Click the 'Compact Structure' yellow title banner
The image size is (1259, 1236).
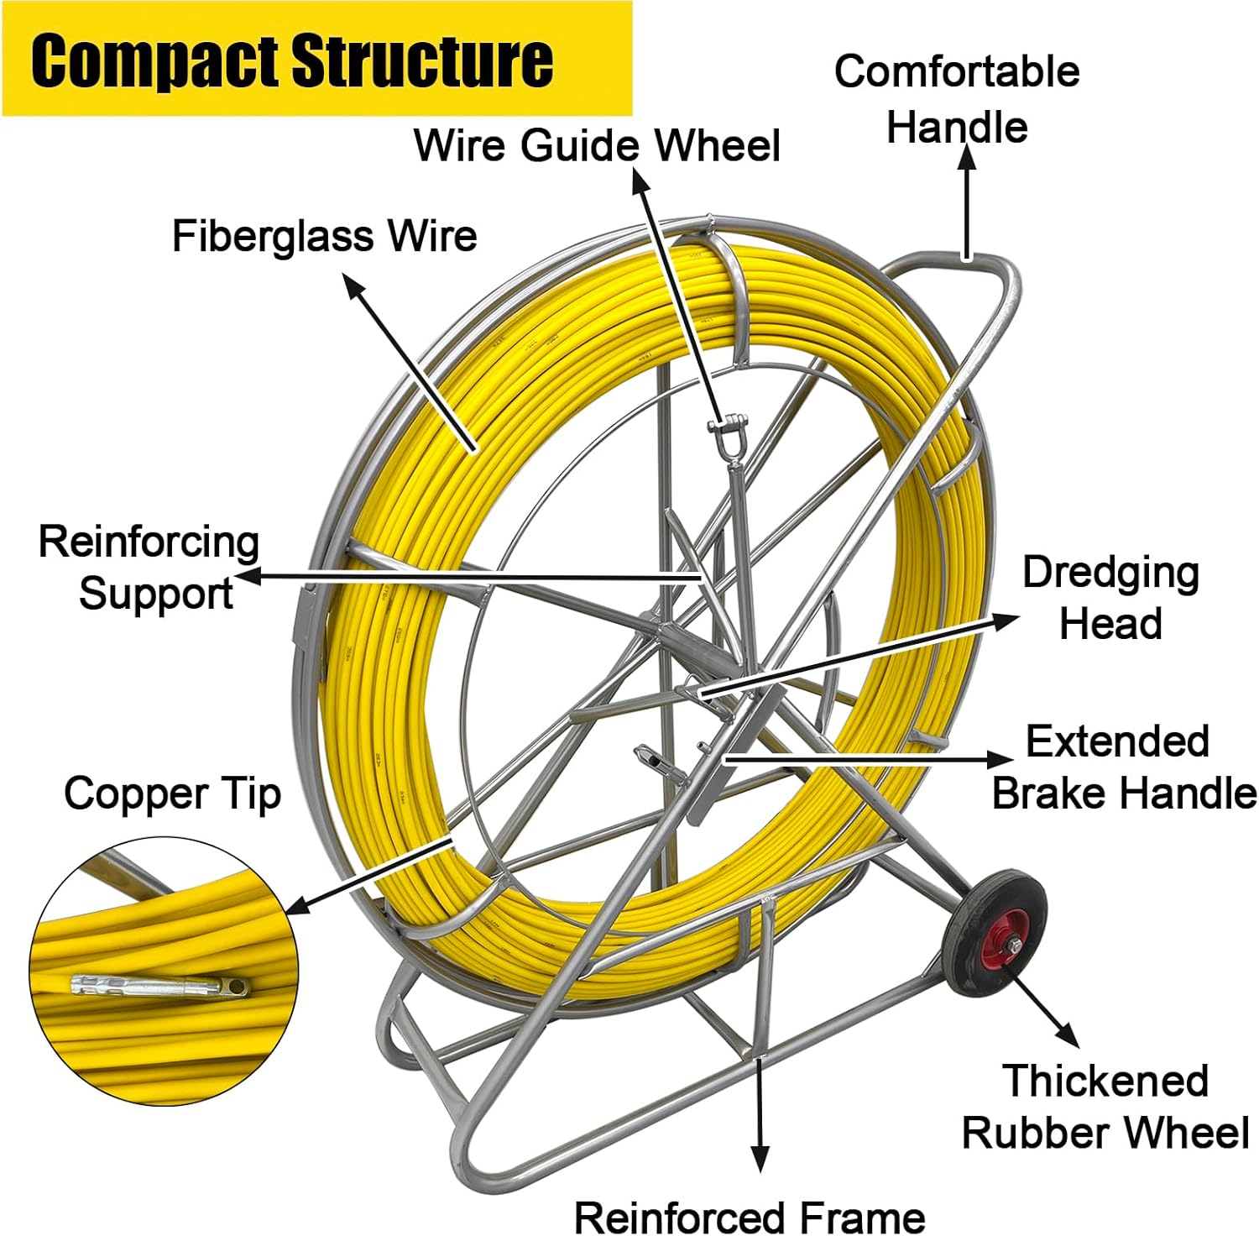pos(317,59)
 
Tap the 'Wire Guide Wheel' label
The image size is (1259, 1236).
pos(597,144)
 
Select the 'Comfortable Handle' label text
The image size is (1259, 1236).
pos(957,99)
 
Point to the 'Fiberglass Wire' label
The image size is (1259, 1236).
pos(325,235)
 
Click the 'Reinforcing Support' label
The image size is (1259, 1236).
pos(149,568)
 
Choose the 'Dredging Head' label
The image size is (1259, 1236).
pos(1110,598)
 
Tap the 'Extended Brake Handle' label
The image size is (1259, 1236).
pos(1125,767)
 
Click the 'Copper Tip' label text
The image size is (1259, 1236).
pos(172,793)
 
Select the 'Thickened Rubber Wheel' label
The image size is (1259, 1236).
pos(1106,1107)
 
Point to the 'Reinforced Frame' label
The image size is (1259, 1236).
pos(750,1216)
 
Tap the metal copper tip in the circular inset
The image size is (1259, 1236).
pos(160,985)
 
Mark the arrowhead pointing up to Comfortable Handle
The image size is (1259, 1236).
pos(967,158)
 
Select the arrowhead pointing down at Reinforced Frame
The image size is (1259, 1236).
pos(760,1159)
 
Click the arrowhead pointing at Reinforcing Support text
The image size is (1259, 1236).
pos(248,576)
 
